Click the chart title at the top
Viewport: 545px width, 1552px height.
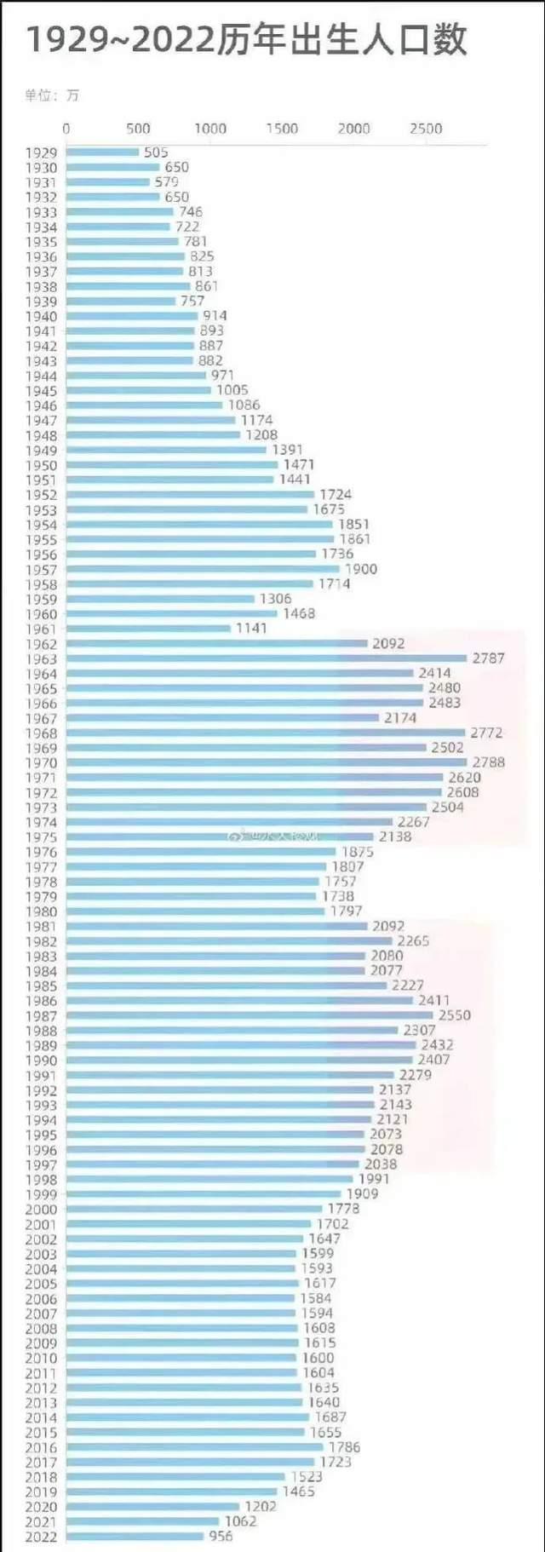click(247, 40)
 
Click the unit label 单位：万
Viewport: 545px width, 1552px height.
click(52, 95)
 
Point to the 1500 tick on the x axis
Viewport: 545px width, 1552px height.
click(282, 129)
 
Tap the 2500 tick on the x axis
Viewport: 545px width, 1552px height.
click(426, 129)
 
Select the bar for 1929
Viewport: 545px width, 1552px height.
click(102, 152)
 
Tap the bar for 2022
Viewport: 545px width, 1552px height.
click(135, 1536)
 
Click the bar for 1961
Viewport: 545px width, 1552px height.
click(148, 629)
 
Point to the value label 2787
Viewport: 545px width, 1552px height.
click(489, 658)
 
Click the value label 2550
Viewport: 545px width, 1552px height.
click(455, 1015)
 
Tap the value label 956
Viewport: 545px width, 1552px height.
click(221, 1536)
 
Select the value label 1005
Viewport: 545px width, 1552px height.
click(232, 390)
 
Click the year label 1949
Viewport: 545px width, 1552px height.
click(41, 451)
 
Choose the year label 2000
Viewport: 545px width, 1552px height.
click(41, 1210)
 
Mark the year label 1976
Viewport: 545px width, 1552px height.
click(41, 853)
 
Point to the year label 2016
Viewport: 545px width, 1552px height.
click(41, 1447)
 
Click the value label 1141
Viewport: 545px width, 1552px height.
click(251, 629)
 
